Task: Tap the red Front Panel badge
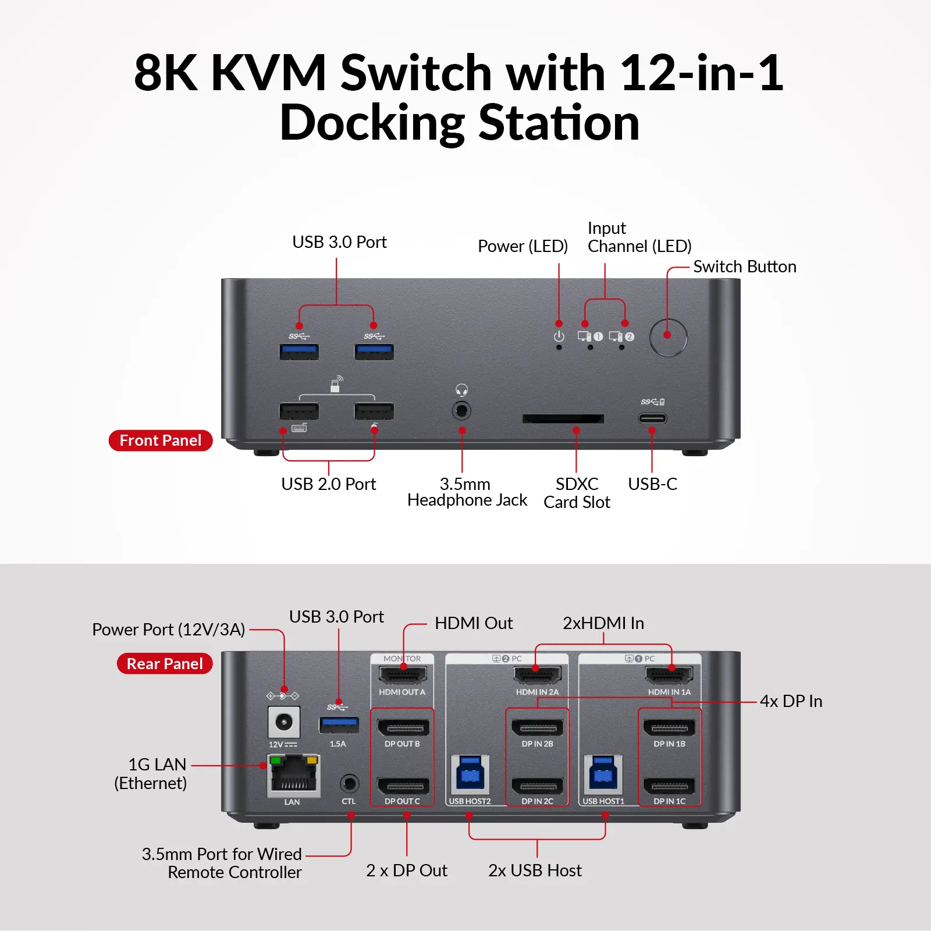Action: click(x=161, y=440)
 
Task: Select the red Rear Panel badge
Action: click(x=165, y=664)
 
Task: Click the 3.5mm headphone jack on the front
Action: click(x=461, y=411)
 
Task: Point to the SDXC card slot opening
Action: click(x=563, y=419)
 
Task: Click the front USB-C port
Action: click(x=652, y=418)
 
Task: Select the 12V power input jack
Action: click(x=284, y=723)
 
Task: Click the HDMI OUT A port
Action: click(x=403, y=676)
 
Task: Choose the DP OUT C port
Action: click(x=403, y=787)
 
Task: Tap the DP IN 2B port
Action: click(x=537, y=728)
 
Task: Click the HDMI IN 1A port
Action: click(x=669, y=676)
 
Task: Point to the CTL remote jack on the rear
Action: click(x=349, y=783)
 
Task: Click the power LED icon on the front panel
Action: click(x=559, y=336)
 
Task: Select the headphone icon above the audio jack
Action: click(x=462, y=390)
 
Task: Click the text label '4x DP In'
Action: click(x=791, y=702)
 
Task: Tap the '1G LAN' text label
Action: click(x=157, y=765)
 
